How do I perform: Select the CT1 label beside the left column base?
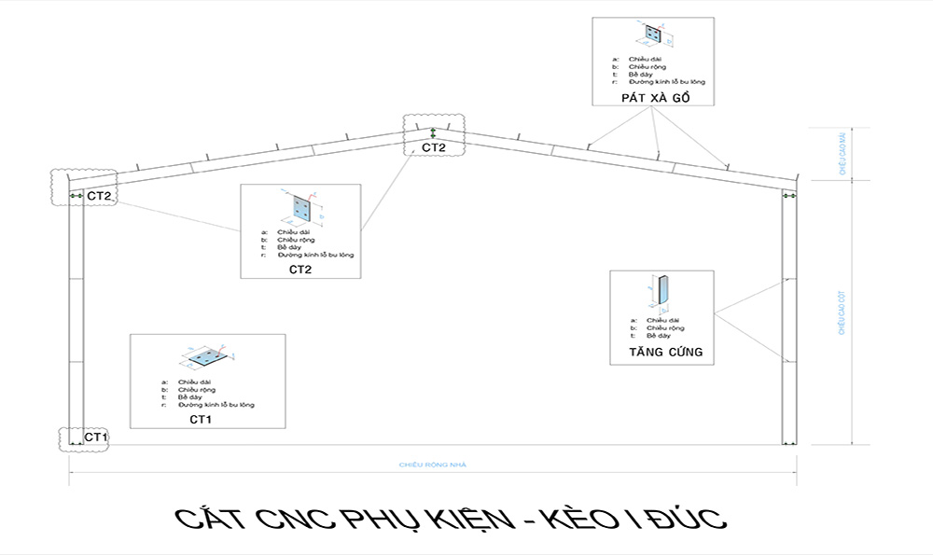tap(97, 437)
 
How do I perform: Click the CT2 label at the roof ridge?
tap(434, 147)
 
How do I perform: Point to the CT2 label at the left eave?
tap(100, 196)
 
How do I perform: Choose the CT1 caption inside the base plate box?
tap(201, 420)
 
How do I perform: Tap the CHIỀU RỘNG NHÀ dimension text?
tap(432, 465)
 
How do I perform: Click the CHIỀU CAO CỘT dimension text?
tap(842, 312)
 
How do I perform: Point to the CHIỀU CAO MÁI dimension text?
tap(842, 153)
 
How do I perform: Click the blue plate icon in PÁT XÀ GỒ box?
tap(653, 36)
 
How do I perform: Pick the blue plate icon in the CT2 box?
tap(300, 206)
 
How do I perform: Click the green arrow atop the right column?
tap(788, 195)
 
